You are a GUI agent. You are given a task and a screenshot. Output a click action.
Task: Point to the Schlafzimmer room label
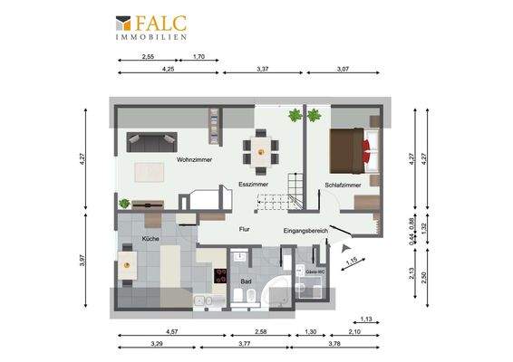click(x=343, y=185)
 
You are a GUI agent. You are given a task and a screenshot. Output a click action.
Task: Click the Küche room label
click(x=150, y=238)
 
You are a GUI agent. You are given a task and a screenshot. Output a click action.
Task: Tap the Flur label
click(x=244, y=229)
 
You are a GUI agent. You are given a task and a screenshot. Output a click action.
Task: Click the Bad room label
click(x=247, y=281)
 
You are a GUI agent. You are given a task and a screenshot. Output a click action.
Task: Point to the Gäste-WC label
click(x=315, y=271)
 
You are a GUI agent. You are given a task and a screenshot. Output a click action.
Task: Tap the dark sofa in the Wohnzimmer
click(x=151, y=141)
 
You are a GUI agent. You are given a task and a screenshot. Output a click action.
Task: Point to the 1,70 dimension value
click(x=199, y=57)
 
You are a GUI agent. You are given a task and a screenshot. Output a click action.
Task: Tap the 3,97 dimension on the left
click(x=82, y=260)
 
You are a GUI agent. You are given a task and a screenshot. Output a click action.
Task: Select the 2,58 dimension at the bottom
click(x=259, y=332)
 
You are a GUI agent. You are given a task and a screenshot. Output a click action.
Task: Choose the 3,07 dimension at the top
click(x=343, y=69)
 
